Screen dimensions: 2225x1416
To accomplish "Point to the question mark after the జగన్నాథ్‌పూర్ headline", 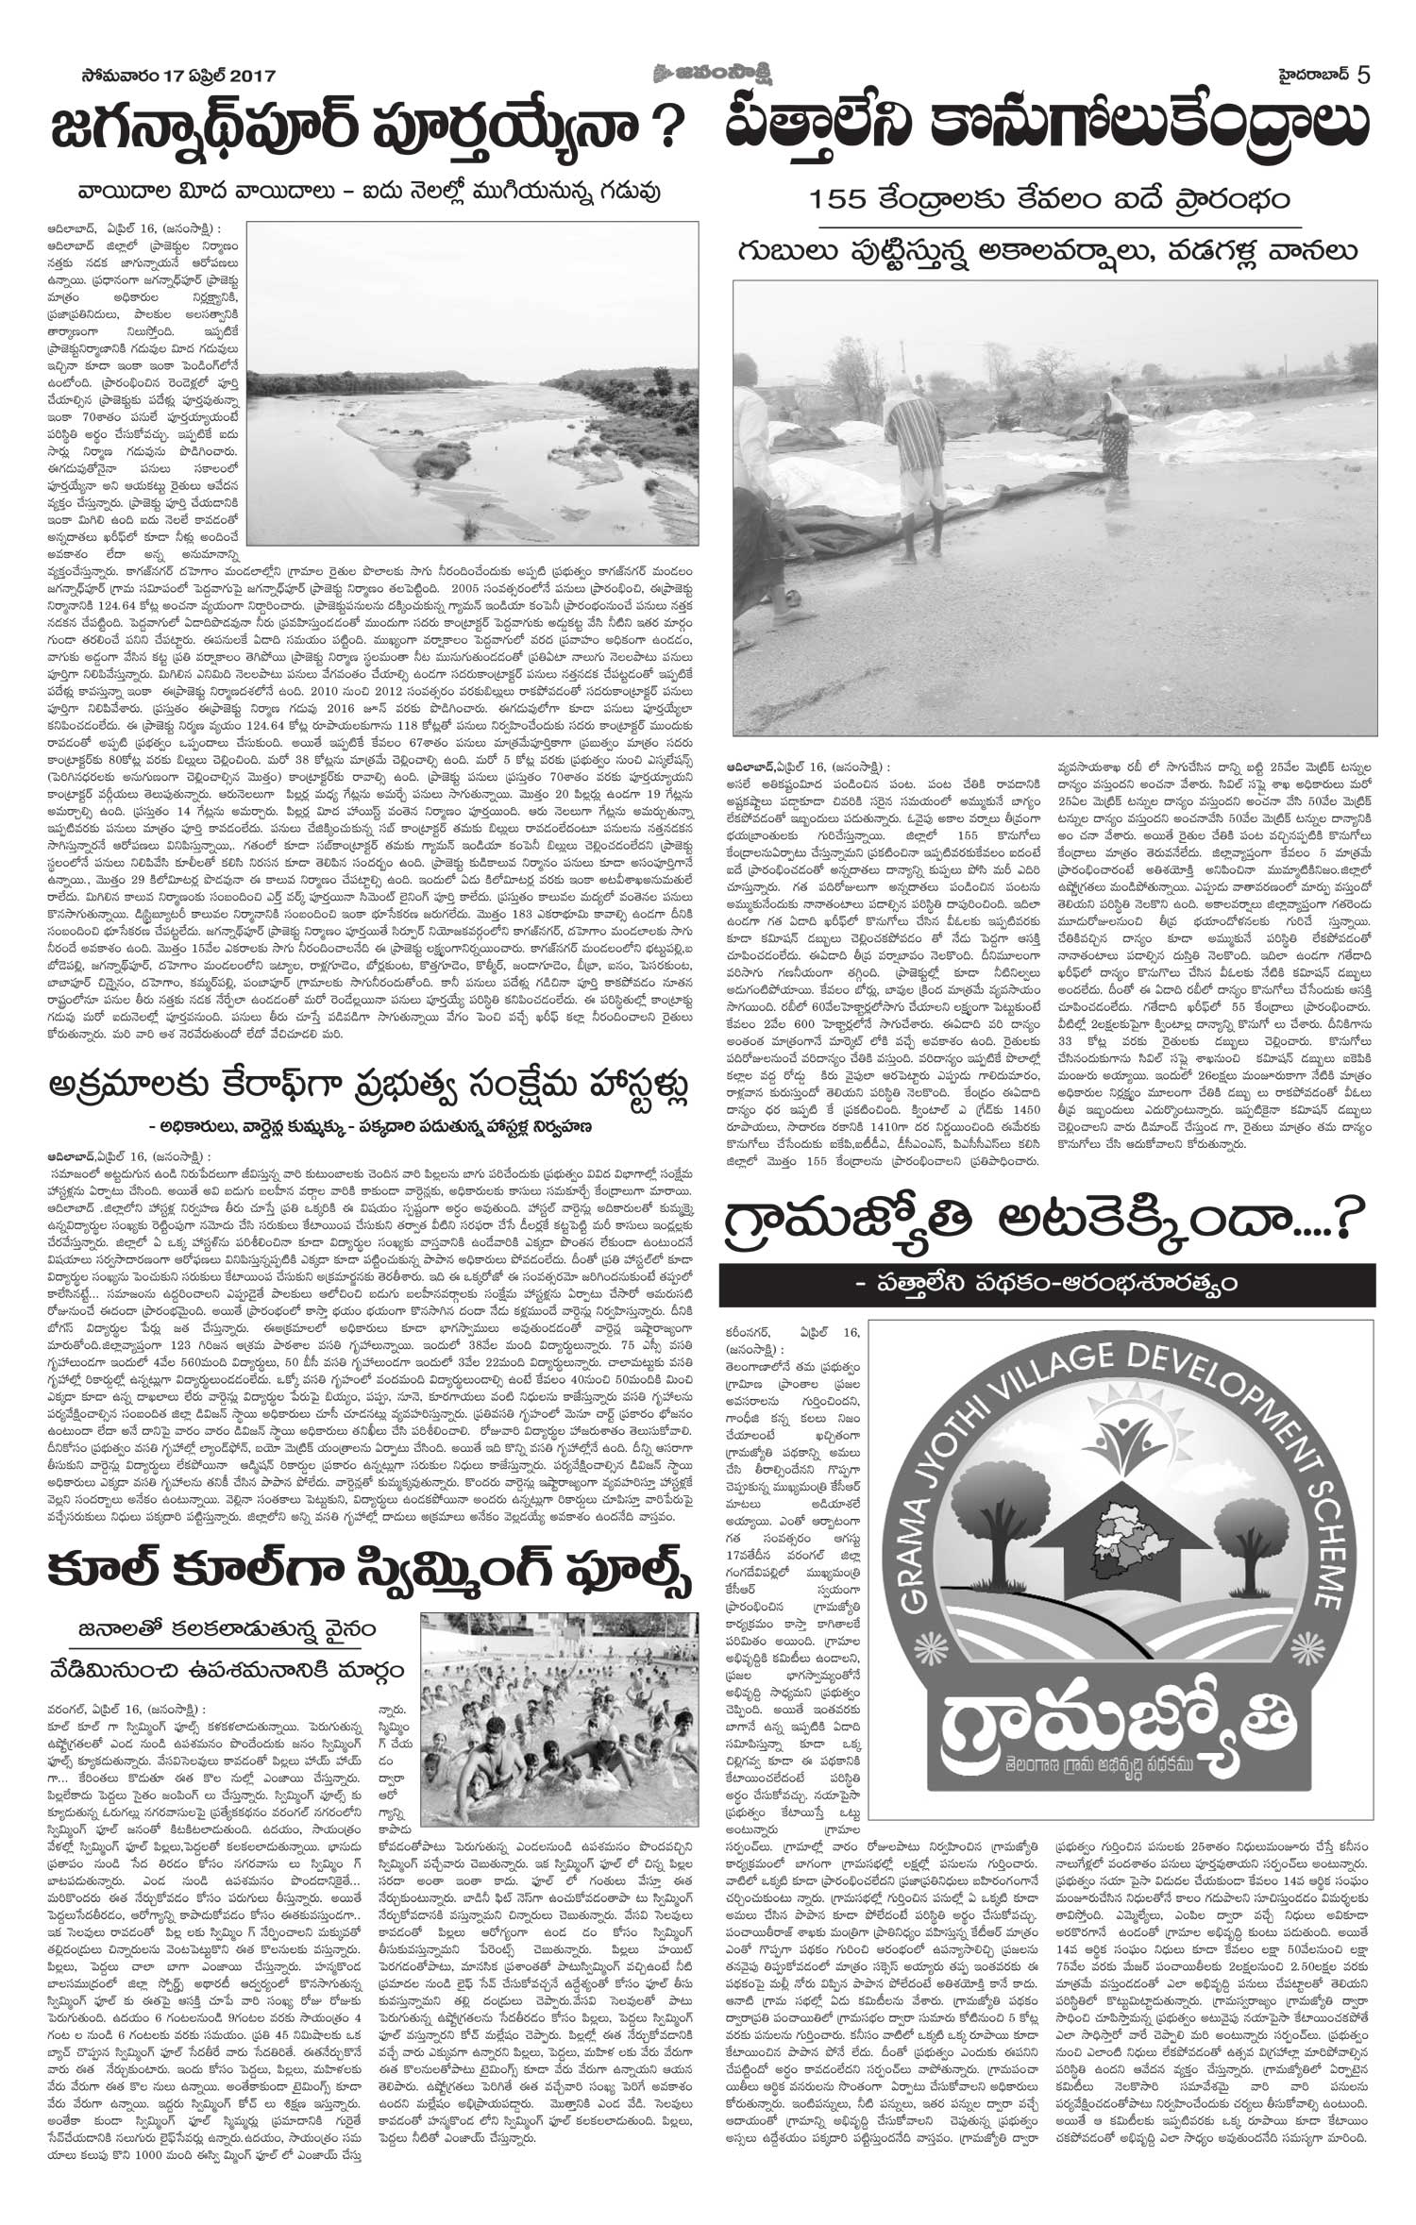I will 671,128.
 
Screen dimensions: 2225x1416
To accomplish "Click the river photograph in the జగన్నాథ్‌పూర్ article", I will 470,388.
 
